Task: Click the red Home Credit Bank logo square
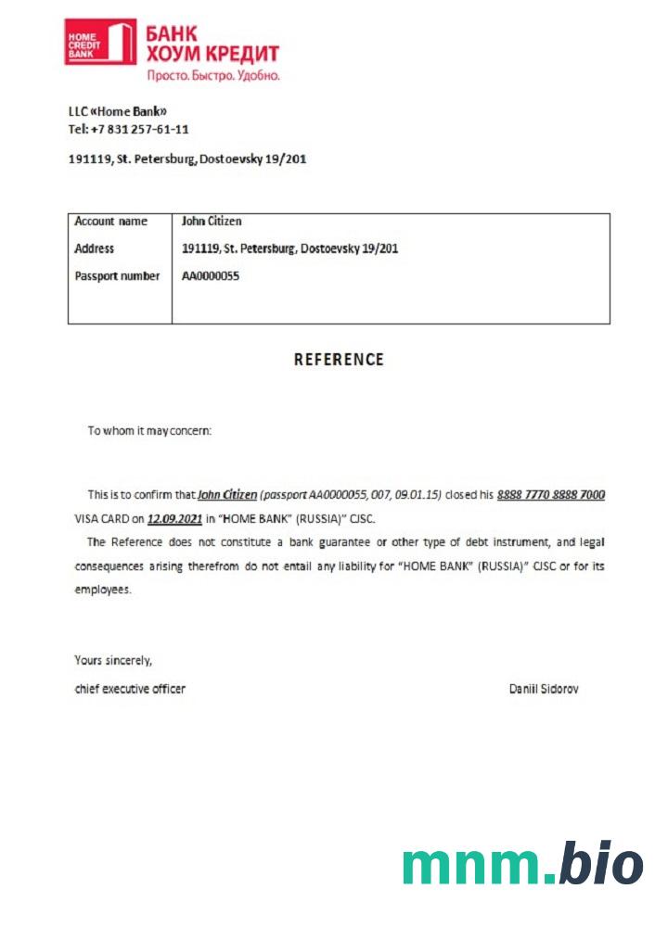pyautogui.click(x=100, y=43)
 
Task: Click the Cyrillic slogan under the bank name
pyautogui.click(x=212, y=75)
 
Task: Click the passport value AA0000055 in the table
pyautogui.click(x=211, y=276)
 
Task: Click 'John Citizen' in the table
pyautogui.click(x=212, y=222)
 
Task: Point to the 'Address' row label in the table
pyautogui.click(x=94, y=248)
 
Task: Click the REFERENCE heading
pyautogui.click(x=339, y=360)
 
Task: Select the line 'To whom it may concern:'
pyautogui.click(x=149, y=431)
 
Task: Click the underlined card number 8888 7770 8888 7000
pyautogui.click(x=551, y=495)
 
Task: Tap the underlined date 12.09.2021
pyautogui.click(x=174, y=518)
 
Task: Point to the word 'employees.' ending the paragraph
pyautogui.click(x=102, y=590)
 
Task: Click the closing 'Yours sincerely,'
pyautogui.click(x=112, y=661)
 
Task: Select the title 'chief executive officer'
pyautogui.click(x=129, y=689)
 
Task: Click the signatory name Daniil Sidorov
pyautogui.click(x=544, y=689)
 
